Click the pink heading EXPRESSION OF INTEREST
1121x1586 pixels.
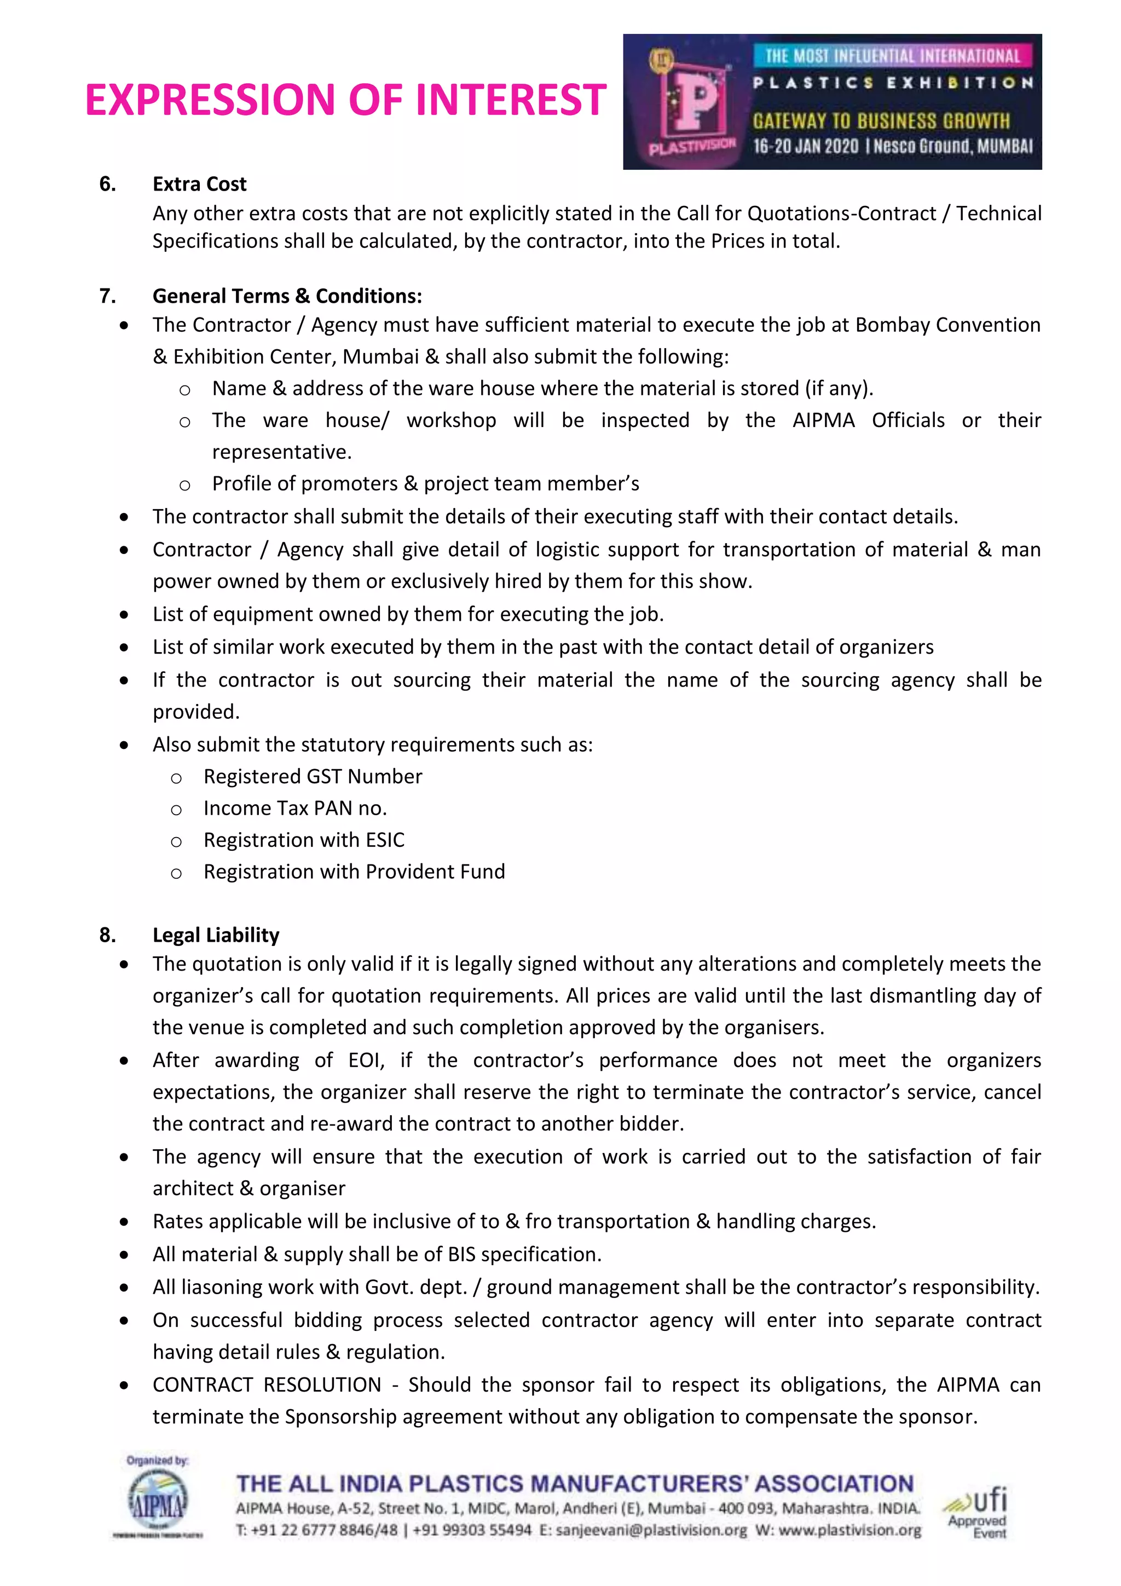[345, 100]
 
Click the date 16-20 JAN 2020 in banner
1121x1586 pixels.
[805, 146]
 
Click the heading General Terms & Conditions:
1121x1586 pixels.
[287, 296]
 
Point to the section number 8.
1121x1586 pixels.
[107, 935]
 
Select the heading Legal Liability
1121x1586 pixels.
[216, 935]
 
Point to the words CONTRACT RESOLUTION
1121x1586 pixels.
[267, 1385]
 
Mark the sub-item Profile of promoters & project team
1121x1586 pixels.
[425, 483]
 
